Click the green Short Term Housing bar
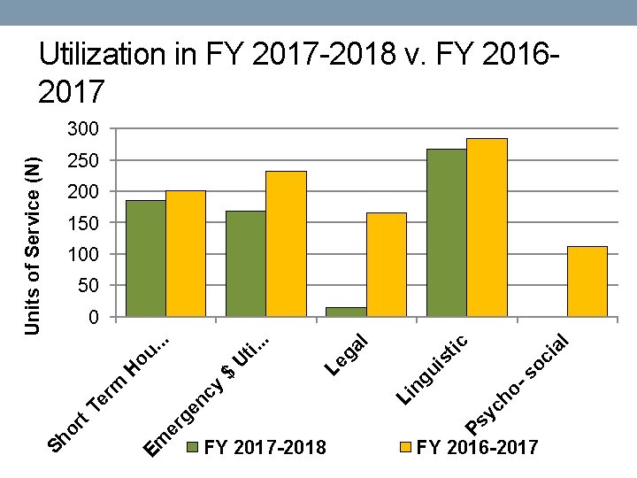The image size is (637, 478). (x=145, y=258)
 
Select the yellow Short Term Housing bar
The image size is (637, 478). (x=186, y=253)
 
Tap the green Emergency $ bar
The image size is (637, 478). (x=246, y=263)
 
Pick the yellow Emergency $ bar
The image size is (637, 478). (x=286, y=243)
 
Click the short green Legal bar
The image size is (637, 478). (x=346, y=312)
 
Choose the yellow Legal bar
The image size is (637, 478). (x=386, y=264)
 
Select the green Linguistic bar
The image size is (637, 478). (x=447, y=232)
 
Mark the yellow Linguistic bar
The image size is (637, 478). (x=487, y=227)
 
